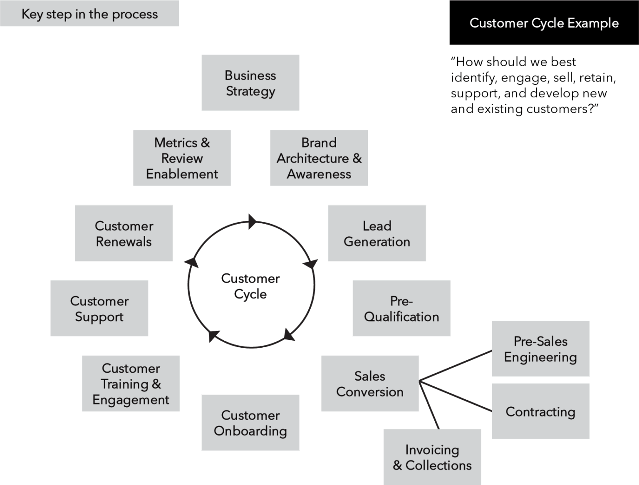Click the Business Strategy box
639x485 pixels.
click(x=250, y=83)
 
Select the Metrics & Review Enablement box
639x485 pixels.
click(x=182, y=158)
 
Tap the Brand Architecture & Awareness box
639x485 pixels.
click(x=319, y=158)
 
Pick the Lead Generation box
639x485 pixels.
click(x=377, y=233)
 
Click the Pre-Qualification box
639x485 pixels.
click(x=401, y=309)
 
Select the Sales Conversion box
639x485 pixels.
click(x=370, y=384)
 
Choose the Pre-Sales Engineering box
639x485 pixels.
click(x=540, y=349)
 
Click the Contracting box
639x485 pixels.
click(x=540, y=411)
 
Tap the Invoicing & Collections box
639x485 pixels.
click(x=432, y=457)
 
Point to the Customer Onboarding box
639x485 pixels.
click(x=250, y=423)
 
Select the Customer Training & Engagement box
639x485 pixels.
click(x=131, y=384)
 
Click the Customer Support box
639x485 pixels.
click(x=99, y=309)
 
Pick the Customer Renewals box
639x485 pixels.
click(x=124, y=233)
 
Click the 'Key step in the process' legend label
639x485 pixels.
click(x=89, y=14)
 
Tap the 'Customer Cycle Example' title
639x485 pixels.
click(x=544, y=23)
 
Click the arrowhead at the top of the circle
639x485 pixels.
click(x=252, y=221)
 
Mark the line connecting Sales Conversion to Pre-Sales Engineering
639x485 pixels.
click(x=456, y=366)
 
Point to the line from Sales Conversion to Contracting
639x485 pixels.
click(x=456, y=397)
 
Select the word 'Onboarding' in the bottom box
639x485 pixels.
click(x=250, y=431)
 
